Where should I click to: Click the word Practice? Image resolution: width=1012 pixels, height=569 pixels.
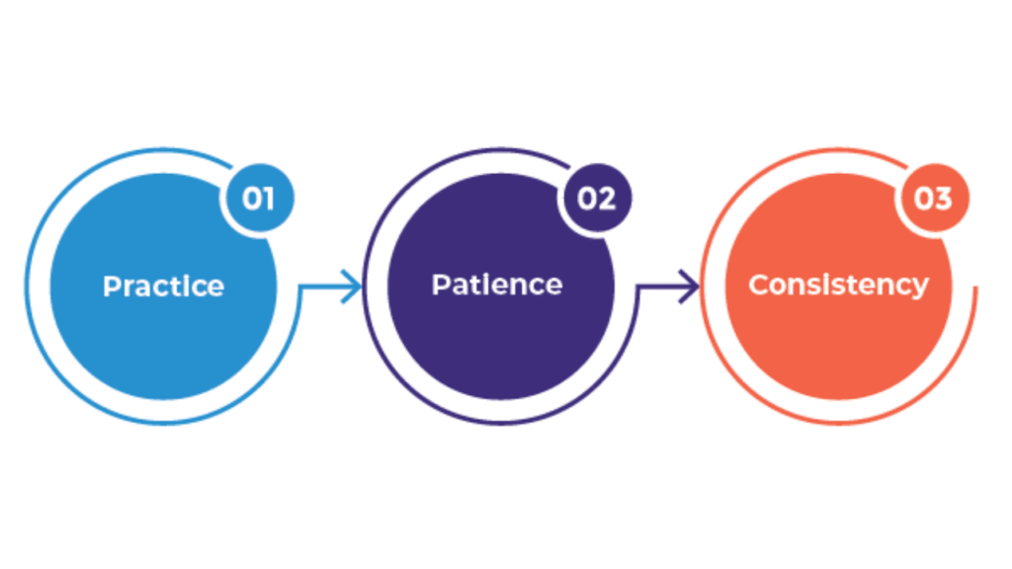[x=163, y=286]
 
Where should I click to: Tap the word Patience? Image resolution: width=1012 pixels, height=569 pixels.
[x=497, y=285]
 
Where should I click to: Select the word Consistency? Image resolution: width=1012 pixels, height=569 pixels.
[x=838, y=285]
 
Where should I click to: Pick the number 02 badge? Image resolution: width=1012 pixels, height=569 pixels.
[x=596, y=199]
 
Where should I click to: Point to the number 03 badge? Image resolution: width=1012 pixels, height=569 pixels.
[x=933, y=199]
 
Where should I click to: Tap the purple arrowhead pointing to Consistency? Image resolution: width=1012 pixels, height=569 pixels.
[x=691, y=287]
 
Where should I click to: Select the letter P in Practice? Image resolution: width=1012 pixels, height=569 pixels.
[x=113, y=286]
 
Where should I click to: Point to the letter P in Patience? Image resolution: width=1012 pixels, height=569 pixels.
[x=441, y=285]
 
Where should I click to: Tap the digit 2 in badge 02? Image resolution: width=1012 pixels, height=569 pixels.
[x=608, y=199]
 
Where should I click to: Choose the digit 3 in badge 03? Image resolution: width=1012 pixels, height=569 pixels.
[x=944, y=199]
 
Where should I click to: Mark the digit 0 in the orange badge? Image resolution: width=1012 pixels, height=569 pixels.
[x=923, y=199]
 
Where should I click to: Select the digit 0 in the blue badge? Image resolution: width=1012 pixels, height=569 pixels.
[x=249, y=199]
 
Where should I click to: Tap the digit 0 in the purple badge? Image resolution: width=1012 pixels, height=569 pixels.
[x=585, y=199]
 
